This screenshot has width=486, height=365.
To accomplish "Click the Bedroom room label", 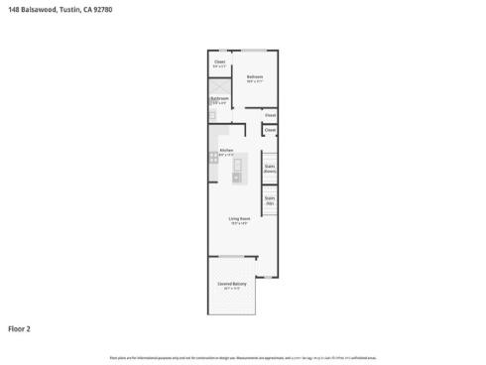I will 254,76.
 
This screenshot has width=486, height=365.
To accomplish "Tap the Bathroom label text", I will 220,98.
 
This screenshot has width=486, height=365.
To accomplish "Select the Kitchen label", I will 226,151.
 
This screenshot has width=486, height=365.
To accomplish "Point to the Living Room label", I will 239,219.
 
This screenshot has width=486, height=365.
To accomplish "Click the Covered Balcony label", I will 232,284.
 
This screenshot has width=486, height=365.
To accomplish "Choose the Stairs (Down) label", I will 270,169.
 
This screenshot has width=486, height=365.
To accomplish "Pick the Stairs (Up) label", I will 270,200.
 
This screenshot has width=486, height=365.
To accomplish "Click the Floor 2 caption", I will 20,327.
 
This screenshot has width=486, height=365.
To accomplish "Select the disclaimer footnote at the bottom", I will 242,356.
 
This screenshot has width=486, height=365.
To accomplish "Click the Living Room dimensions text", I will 239,224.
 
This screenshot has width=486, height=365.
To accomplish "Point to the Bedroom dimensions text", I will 254,81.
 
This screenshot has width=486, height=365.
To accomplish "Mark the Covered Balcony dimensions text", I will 232,289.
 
